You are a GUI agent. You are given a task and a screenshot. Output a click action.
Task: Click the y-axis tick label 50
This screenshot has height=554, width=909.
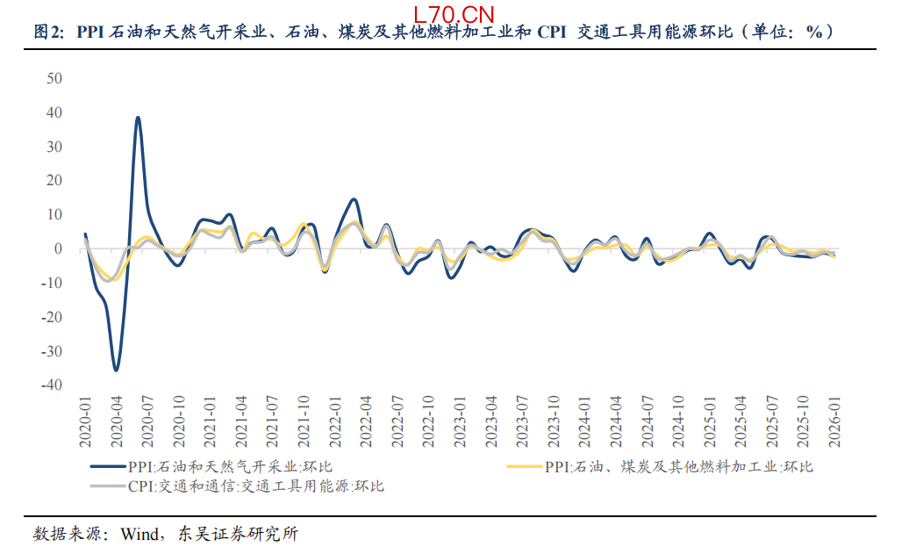click(54, 78)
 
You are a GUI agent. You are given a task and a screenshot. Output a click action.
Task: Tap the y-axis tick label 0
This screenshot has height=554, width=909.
click(58, 248)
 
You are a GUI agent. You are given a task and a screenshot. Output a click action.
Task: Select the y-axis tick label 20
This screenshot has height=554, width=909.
click(54, 180)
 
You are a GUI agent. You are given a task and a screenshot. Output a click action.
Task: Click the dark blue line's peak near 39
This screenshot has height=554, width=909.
click(138, 117)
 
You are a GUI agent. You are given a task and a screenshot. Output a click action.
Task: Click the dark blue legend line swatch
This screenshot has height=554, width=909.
click(107, 466)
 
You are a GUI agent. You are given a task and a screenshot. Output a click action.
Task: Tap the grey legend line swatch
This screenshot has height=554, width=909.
click(107, 486)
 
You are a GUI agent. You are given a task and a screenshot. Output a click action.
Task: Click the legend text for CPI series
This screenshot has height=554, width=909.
click(255, 486)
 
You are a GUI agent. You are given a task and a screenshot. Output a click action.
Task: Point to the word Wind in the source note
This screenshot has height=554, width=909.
click(138, 534)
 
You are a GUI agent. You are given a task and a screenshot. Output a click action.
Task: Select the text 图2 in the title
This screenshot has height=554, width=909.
click(47, 33)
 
